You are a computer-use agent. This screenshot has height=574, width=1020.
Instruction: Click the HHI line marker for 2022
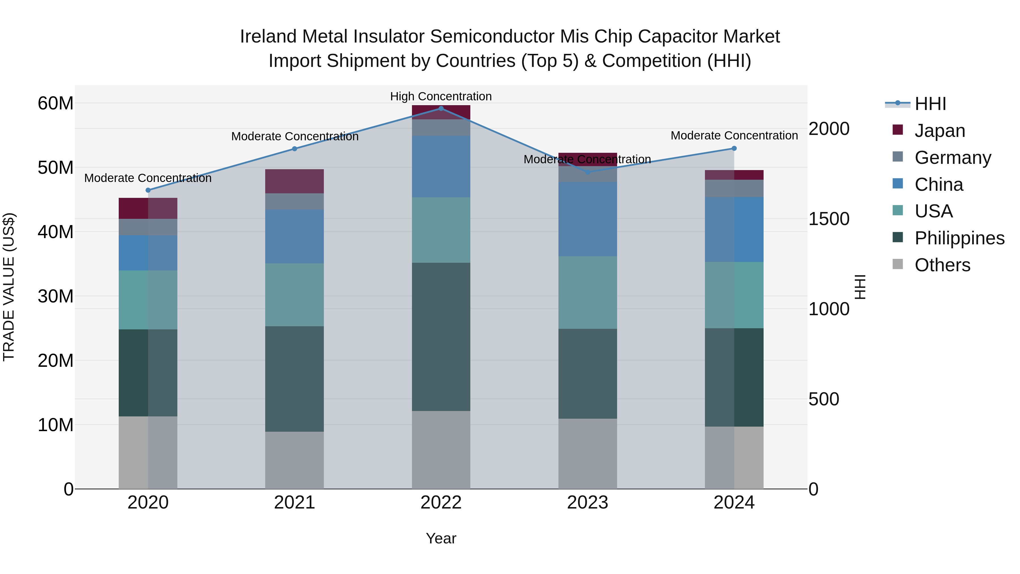point(441,109)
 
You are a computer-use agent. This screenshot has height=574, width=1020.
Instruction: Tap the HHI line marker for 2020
point(148,190)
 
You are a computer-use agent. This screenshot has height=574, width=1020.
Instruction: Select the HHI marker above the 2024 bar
point(734,149)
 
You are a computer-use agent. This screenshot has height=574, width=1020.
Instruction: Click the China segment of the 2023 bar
point(587,219)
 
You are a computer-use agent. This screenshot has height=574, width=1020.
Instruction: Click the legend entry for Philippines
point(959,238)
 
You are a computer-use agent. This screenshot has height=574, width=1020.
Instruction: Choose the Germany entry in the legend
point(952,158)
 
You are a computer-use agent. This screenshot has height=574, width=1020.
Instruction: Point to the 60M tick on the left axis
point(56,103)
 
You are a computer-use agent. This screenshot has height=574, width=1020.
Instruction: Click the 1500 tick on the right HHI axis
point(828,219)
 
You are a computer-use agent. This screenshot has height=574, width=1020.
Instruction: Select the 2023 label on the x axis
point(587,503)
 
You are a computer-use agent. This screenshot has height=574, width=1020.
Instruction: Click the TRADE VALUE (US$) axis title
point(9,287)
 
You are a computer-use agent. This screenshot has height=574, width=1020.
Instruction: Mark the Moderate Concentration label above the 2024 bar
point(734,135)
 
